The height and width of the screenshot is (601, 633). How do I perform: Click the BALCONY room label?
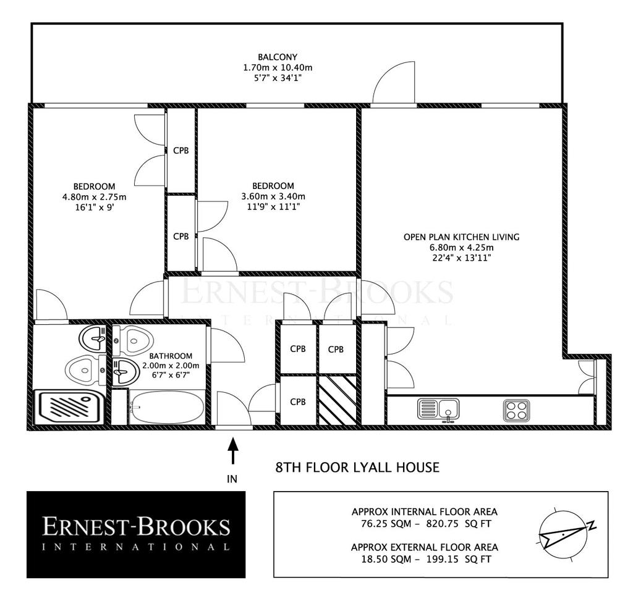[x=278, y=57]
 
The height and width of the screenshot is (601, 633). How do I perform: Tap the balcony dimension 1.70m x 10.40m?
[x=278, y=67]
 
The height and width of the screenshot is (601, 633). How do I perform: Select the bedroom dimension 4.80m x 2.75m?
[x=94, y=197]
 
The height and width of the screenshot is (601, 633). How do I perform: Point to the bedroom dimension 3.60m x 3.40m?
[x=273, y=196]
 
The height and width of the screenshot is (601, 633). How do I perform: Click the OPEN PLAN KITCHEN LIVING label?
[x=461, y=237]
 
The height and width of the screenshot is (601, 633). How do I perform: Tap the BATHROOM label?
[x=171, y=356]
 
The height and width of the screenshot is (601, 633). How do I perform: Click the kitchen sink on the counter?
[x=438, y=410]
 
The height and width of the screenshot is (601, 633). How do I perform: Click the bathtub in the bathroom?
[x=167, y=407]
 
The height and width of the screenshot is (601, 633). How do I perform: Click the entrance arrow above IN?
[x=232, y=452]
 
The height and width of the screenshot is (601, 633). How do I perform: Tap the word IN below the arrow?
[x=232, y=479]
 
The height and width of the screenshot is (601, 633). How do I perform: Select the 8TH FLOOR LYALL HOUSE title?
[x=357, y=468]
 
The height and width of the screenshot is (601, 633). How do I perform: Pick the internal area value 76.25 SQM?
[x=386, y=524]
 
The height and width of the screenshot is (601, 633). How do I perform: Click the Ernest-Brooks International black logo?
[x=136, y=534]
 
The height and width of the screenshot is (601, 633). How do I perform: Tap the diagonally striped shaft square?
[x=338, y=400]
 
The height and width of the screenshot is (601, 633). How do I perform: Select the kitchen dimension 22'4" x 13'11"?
[x=461, y=258]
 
